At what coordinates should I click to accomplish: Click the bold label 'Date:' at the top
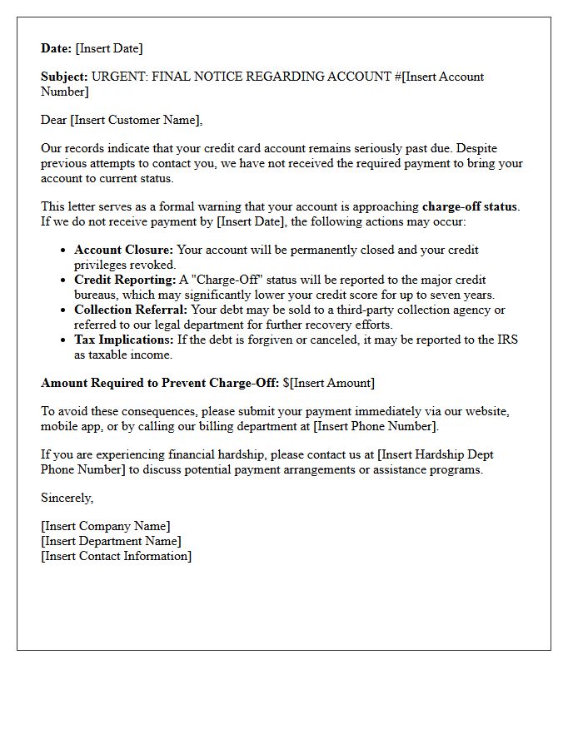tap(57, 48)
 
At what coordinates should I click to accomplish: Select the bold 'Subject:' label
tap(64, 77)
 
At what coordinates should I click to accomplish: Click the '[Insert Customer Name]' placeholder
tap(136, 120)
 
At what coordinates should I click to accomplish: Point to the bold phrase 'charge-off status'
tap(470, 206)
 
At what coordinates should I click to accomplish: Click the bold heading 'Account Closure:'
tap(124, 250)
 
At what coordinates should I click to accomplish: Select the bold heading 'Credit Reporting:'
tap(125, 280)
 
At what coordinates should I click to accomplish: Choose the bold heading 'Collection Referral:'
tap(131, 310)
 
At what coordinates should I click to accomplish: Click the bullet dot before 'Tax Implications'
tap(64, 340)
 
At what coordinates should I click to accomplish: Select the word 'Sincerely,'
tap(67, 498)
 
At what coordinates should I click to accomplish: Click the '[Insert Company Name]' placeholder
tap(106, 526)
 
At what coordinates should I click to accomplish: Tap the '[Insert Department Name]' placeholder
tap(111, 541)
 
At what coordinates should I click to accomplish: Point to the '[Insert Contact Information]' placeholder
tap(116, 556)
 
